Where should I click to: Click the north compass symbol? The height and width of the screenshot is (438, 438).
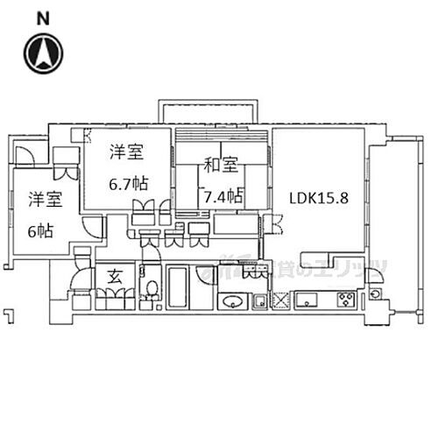point(43,52)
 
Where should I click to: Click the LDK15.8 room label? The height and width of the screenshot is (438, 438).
point(320,197)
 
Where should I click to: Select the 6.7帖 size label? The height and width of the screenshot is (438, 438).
point(128,185)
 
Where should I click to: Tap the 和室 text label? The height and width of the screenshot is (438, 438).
point(222,164)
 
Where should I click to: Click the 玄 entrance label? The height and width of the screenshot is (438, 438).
point(114,278)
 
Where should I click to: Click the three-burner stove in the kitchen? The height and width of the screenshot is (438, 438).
point(344,302)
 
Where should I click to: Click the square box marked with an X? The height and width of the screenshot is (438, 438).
point(282,302)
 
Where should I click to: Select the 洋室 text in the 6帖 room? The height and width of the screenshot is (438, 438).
point(43,199)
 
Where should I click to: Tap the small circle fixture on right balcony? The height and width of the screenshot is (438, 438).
point(375,294)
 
